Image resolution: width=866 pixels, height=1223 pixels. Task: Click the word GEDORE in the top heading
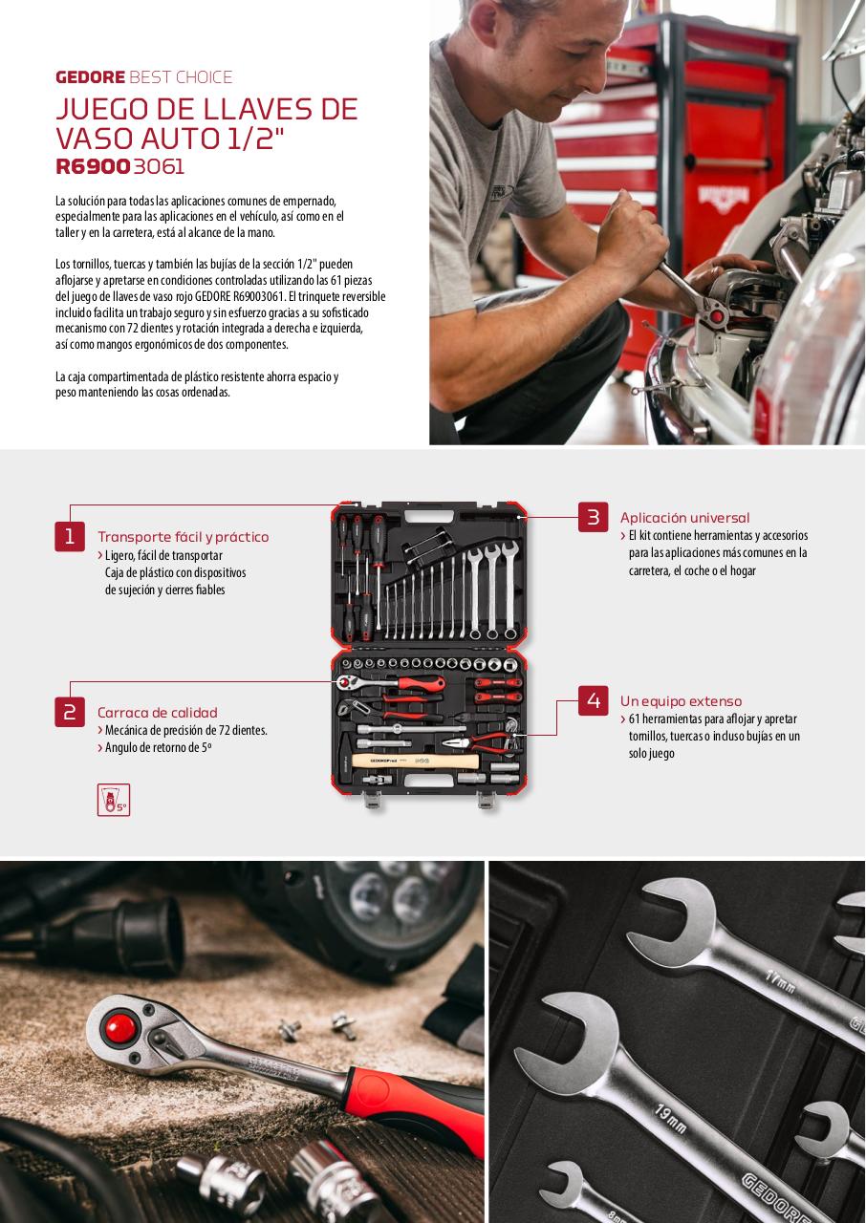click(90, 77)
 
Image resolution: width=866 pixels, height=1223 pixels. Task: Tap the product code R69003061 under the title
click(120, 166)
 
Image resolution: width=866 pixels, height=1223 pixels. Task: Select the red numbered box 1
click(70, 536)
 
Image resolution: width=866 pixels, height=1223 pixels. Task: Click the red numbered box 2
click(70, 712)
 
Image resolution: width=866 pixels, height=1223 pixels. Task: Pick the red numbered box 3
click(593, 517)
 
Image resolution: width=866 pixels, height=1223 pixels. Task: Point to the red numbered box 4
click(593, 700)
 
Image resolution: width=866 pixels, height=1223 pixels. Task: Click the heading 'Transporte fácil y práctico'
click(184, 537)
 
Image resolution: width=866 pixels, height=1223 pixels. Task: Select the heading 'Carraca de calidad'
click(158, 713)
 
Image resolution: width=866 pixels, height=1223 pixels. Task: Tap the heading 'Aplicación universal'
click(684, 518)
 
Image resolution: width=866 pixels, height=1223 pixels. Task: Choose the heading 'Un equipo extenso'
click(681, 701)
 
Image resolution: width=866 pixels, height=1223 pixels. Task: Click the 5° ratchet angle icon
click(114, 800)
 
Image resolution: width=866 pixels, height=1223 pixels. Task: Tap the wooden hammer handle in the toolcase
click(415, 761)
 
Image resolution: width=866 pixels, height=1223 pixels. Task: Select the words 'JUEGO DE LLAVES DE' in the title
click(207, 109)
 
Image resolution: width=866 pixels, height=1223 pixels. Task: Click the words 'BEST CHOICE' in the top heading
click(181, 77)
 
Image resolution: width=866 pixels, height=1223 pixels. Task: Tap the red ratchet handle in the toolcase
click(421, 682)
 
